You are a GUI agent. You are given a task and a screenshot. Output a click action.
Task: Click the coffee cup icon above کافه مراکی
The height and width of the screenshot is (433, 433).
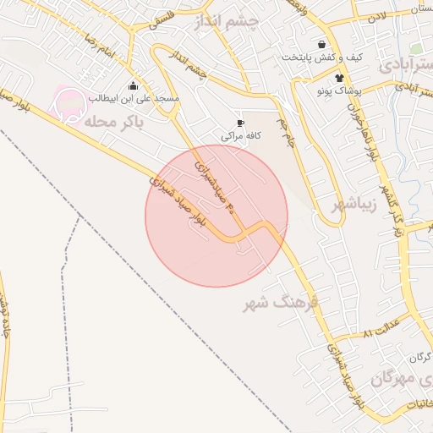tap(241, 123)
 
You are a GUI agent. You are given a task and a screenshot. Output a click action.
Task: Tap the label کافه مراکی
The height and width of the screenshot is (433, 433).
tap(241, 135)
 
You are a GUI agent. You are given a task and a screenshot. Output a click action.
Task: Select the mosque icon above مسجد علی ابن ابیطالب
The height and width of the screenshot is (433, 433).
tap(133, 85)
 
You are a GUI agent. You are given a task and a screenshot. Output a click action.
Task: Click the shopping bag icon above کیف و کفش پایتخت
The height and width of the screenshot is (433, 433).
tap(321, 44)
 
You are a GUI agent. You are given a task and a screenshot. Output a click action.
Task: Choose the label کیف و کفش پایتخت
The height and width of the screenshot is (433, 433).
tap(322, 58)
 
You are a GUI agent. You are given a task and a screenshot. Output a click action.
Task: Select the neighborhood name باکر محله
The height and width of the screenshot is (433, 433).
tap(115, 122)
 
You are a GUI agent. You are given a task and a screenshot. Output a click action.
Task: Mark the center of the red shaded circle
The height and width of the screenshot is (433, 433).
tap(216, 216)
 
